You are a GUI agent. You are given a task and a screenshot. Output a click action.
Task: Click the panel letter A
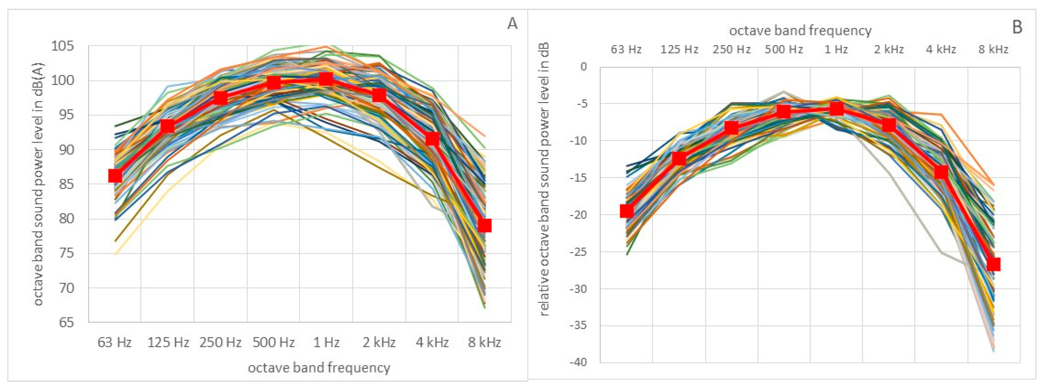512,24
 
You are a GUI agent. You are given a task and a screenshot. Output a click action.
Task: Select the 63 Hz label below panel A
114,342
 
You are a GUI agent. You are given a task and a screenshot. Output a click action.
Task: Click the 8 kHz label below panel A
484,342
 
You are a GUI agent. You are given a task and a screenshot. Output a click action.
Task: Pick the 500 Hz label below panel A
273,342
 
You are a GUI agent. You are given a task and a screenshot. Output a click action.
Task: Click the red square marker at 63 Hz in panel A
115,176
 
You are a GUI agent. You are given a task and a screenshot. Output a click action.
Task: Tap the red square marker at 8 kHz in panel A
484,225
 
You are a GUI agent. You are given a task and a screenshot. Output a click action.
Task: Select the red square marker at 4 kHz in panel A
432,139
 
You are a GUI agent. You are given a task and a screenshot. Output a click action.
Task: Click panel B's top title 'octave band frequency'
800,31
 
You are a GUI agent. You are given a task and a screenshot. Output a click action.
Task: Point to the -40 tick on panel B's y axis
578,362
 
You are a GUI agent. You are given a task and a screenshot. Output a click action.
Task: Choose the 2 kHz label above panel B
889,50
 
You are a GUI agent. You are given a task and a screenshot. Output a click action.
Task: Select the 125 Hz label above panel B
679,50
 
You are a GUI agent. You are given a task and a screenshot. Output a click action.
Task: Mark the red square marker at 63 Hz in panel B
626,211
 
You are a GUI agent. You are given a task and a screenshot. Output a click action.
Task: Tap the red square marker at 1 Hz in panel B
836,109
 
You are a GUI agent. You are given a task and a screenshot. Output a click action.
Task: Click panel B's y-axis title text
544,179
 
